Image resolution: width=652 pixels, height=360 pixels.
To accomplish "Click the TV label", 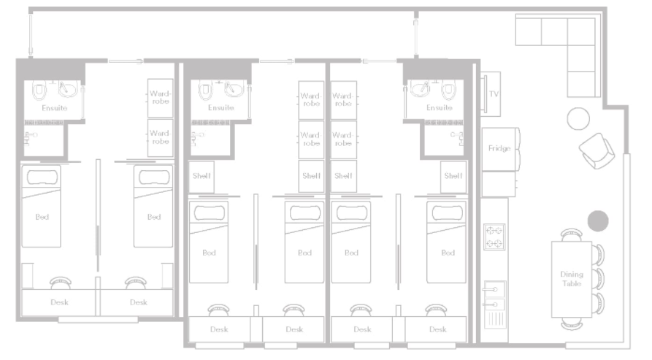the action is pyautogui.click(x=494, y=94).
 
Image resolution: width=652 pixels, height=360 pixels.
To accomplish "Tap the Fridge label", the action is pyautogui.click(x=499, y=148).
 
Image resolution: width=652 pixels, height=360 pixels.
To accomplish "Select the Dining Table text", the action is pyautogui.click(x=572, y=279).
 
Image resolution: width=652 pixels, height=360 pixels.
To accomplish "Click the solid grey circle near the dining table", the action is pyautogui.click(x=598, y=221).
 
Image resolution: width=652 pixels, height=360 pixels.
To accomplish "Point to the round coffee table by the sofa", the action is pyautogui.click(x=578, y=118).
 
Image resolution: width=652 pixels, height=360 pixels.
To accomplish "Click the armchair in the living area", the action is pyautogui.click(x=597, y=151).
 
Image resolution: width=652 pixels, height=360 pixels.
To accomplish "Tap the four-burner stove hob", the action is pyautogui.click(x=494, y=237).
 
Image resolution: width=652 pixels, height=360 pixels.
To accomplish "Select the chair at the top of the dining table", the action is pyautogui.click(x=572, y=235).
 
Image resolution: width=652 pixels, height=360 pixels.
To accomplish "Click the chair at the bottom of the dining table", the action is pyautogui.click(x=572, y=323).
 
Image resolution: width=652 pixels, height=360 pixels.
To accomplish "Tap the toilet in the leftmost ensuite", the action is pyautogui.click(x=39, y=91).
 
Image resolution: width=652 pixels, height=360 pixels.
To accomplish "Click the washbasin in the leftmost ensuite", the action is pyautogui.click(x=67, y=88).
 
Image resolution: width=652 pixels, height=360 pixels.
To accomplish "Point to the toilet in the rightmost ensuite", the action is pyautogui.click(x=449, y=91).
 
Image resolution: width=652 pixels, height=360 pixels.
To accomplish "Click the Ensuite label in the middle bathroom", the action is pyautogui.click(x=220, y=107).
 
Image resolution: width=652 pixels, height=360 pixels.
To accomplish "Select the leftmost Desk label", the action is pyautogui.click(x=59, y=302).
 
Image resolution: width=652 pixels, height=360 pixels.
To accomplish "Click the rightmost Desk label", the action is pyautogui.click(x=438, y=329).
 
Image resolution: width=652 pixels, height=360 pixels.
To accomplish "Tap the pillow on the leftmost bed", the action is pyautogui.click(x=42, y=177).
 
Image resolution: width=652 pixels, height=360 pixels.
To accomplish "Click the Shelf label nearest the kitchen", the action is pyautogui.click(x=453, y=176).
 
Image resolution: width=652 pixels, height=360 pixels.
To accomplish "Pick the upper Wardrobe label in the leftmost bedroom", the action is pyautogui.click(x=160, y=97).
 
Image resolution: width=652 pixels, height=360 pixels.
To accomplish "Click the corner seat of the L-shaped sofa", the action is pyautogui.click(x=581, y=31).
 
